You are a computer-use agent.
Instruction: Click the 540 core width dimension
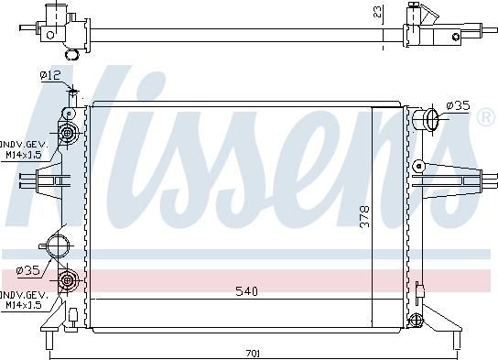(x=247, y=291)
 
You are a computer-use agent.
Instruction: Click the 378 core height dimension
(x=365, y=216)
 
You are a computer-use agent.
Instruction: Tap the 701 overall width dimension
(x=254, y=353)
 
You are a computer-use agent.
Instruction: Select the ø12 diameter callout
(x=50, y=76)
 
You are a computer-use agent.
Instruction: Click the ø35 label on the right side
(x=458, y=105)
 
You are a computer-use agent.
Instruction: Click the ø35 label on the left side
(x=28, y=271)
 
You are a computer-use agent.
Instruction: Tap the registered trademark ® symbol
(x=486, y=117)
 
